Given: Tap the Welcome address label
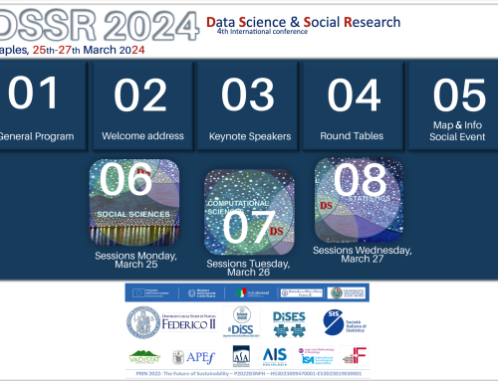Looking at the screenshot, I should [140, 136].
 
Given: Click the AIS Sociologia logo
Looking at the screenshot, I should [275, 355].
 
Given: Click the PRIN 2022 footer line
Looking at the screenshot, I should [248, 374].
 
